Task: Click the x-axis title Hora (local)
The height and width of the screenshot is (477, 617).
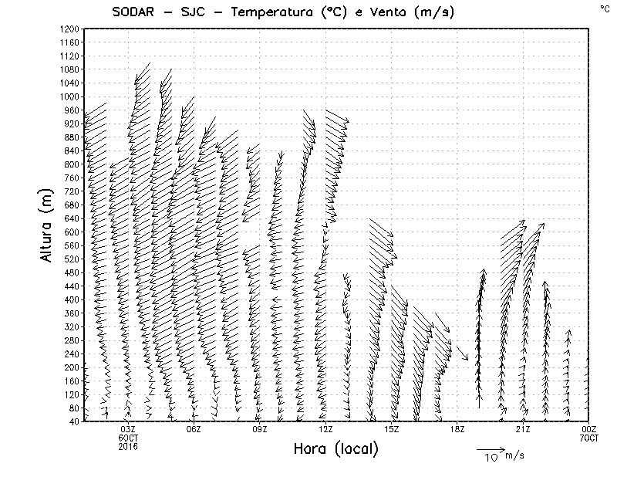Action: pyautogui.click(x=335, y=449)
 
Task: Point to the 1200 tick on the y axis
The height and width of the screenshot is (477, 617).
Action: pyautogui.click(x=69, y=29)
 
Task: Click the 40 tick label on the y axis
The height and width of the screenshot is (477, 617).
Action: pyautogui.click(x=74, y=421)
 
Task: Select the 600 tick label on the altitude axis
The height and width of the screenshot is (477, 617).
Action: pyautogui.click(x=72, y=232)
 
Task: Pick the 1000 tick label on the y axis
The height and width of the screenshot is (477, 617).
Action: pyautogui.click(x=69, y=96)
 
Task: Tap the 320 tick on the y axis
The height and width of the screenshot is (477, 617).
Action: pyautogui.click(x=72, y=326)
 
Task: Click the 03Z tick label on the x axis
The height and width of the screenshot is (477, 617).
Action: pyautogui.click(x=128, y=429)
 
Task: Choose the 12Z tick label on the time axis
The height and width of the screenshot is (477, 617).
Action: pyautogui.click(x=325, y=429)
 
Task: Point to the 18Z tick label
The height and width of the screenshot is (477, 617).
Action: pyautogui.click(x=457, y=429)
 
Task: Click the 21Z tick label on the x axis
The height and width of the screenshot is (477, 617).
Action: pyautogui.click(x=523, y=429)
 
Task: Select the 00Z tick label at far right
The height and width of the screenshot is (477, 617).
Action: pyautogui.click(x=589, y=429)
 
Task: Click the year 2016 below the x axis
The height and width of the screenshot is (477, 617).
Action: pyautogui.click(x=128, y=446)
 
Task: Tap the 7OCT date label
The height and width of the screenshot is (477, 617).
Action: pyautogui.click(x=589, y=438)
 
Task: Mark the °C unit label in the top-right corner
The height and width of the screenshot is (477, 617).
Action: pyautogui.click(x=604, y=8)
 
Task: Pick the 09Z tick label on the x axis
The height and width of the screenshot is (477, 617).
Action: pyautogui.click(x=260, y=429)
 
